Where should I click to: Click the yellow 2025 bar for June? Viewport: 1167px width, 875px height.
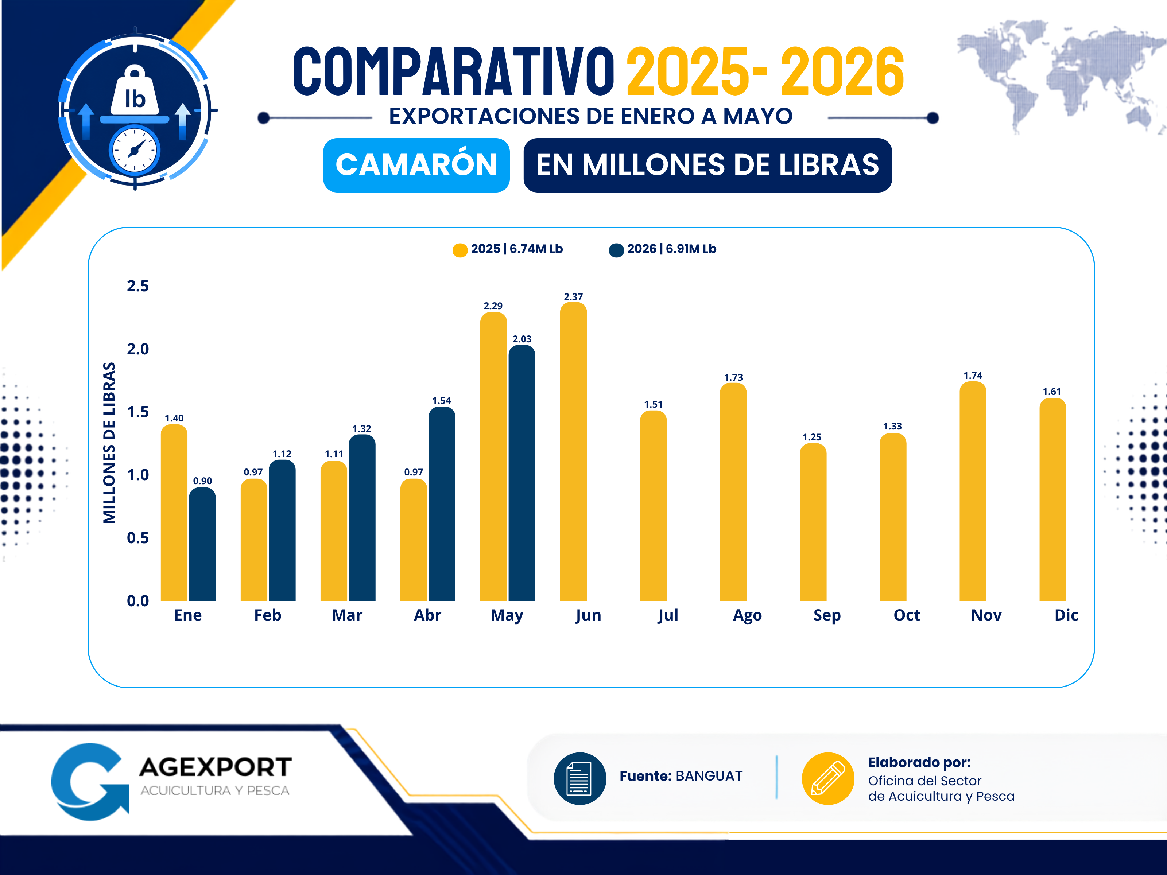coord(574,451)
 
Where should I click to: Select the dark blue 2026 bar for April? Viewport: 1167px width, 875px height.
coord(442,504)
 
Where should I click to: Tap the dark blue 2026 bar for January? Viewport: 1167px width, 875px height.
coord(203,544)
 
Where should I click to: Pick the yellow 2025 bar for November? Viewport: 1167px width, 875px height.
coord(973,491)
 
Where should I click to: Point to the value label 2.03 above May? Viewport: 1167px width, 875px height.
coord(522,339)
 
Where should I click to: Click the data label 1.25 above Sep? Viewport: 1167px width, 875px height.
coord(812,437)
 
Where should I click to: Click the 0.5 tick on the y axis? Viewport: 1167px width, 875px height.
coord(138,538)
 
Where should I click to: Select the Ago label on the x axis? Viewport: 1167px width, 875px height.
coord(747,615)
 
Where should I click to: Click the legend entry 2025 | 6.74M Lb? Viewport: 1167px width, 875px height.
coord(508,249)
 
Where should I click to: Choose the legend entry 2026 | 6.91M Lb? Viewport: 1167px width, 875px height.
coord(663,249)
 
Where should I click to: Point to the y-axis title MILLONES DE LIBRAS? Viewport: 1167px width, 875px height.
coord(109,443)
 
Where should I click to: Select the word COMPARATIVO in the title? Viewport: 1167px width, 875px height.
coord(454,71)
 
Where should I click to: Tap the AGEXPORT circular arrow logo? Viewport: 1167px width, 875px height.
coord(90,782)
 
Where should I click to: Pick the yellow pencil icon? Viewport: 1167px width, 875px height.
coord(828,778)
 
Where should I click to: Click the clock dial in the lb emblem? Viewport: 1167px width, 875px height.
coord(135,150)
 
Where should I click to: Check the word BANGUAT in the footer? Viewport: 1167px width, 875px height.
coord(709,776)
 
